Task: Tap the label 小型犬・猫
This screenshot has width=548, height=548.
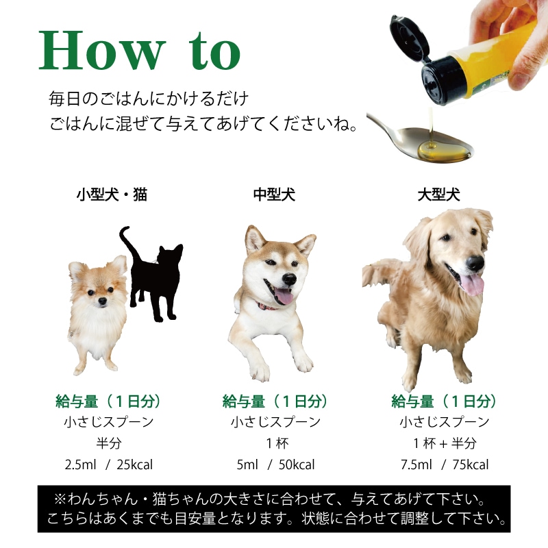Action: (111, 195)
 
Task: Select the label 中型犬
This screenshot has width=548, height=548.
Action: (274, 195)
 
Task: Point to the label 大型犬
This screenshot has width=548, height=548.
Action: (439, 195)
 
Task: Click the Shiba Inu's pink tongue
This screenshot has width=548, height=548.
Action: (284, 297)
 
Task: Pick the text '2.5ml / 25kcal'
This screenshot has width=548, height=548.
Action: (109, 465)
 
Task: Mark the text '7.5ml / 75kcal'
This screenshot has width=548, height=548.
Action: (445, 465)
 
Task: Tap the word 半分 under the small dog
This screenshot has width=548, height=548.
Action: (109, 443)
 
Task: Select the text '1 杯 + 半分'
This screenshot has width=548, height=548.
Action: (445, 443)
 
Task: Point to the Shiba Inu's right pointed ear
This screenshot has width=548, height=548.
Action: (304, 242)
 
